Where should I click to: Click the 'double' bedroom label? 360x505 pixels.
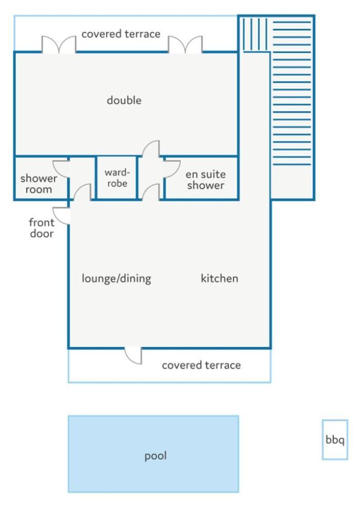click(x=124, y=100)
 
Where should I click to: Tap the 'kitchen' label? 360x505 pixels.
click(x=220, y=278)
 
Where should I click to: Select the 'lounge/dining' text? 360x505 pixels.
click(x=116, y=278)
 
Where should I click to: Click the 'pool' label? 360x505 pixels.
click(x=155, y=456)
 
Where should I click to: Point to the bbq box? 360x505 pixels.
click(x=335, y=439)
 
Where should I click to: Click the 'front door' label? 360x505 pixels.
click(x=42, y=228)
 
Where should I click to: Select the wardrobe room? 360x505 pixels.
click(x=117, y=178)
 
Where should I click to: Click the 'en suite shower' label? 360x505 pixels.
click(x=206, y=180)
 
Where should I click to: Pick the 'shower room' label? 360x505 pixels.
click(x=39, y=184)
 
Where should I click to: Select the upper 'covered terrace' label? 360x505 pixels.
click(x=121, y=34)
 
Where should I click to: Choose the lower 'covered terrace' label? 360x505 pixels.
click(x=201, y=365)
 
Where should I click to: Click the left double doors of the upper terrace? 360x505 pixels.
click(x=59, y=44)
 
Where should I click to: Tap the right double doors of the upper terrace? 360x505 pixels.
click(x=185, y=44)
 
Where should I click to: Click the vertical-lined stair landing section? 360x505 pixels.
click(x=255, y=34)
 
